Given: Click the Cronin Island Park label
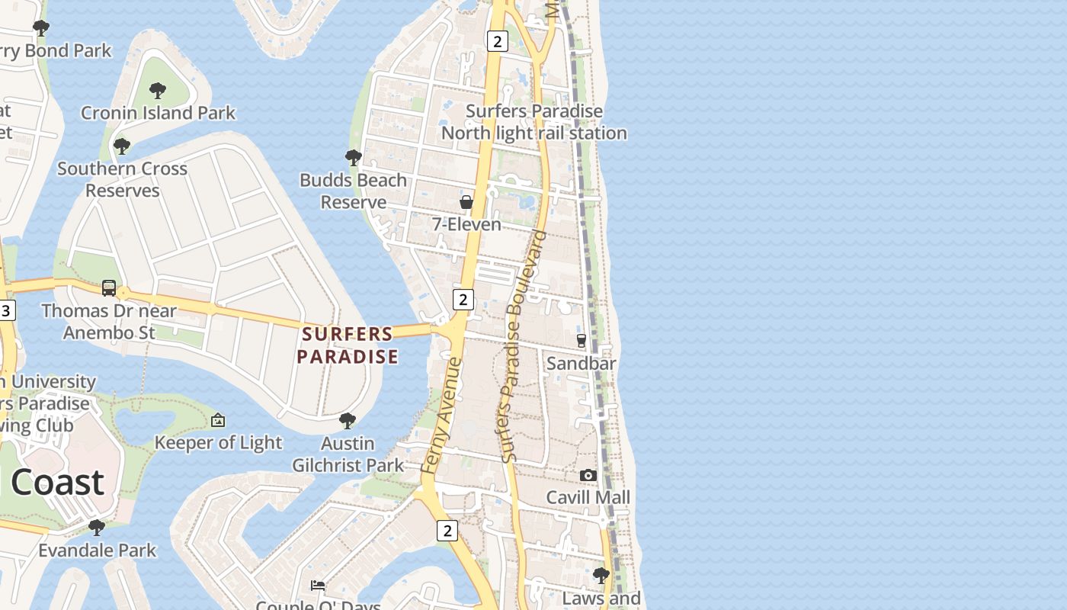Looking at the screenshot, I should pos(158,113).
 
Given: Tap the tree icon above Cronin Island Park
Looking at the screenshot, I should pos(158,91).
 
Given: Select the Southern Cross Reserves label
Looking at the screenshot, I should pos(122,179).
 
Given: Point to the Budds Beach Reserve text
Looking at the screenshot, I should pos(353,191).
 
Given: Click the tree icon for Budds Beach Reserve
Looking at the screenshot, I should pos(353,158).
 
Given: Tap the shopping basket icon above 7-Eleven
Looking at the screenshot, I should pos(466,202).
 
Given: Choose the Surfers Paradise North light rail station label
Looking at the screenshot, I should pos(534,122).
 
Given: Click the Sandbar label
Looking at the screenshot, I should pos(581,364).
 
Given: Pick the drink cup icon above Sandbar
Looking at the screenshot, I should pos(582,341).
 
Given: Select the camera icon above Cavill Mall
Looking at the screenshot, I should pos(588,476).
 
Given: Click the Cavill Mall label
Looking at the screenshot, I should pos(588,498).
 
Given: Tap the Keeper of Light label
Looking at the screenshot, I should pos(218,443).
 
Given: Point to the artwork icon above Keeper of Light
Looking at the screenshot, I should pos(218,420).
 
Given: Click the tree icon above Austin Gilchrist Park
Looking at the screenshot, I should pos(348,421).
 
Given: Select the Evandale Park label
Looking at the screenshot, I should pos(97,551).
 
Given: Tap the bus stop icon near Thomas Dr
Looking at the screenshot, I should pos(109,288).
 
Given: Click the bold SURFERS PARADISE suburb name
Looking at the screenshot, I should pos(348,345).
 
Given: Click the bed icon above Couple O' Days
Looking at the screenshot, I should pos(318,586).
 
